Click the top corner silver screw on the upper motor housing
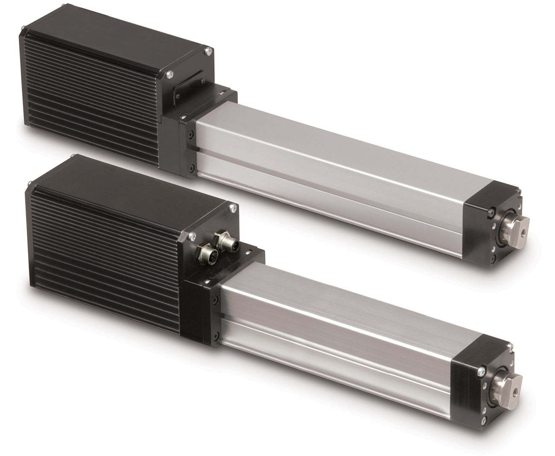point(207,52)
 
